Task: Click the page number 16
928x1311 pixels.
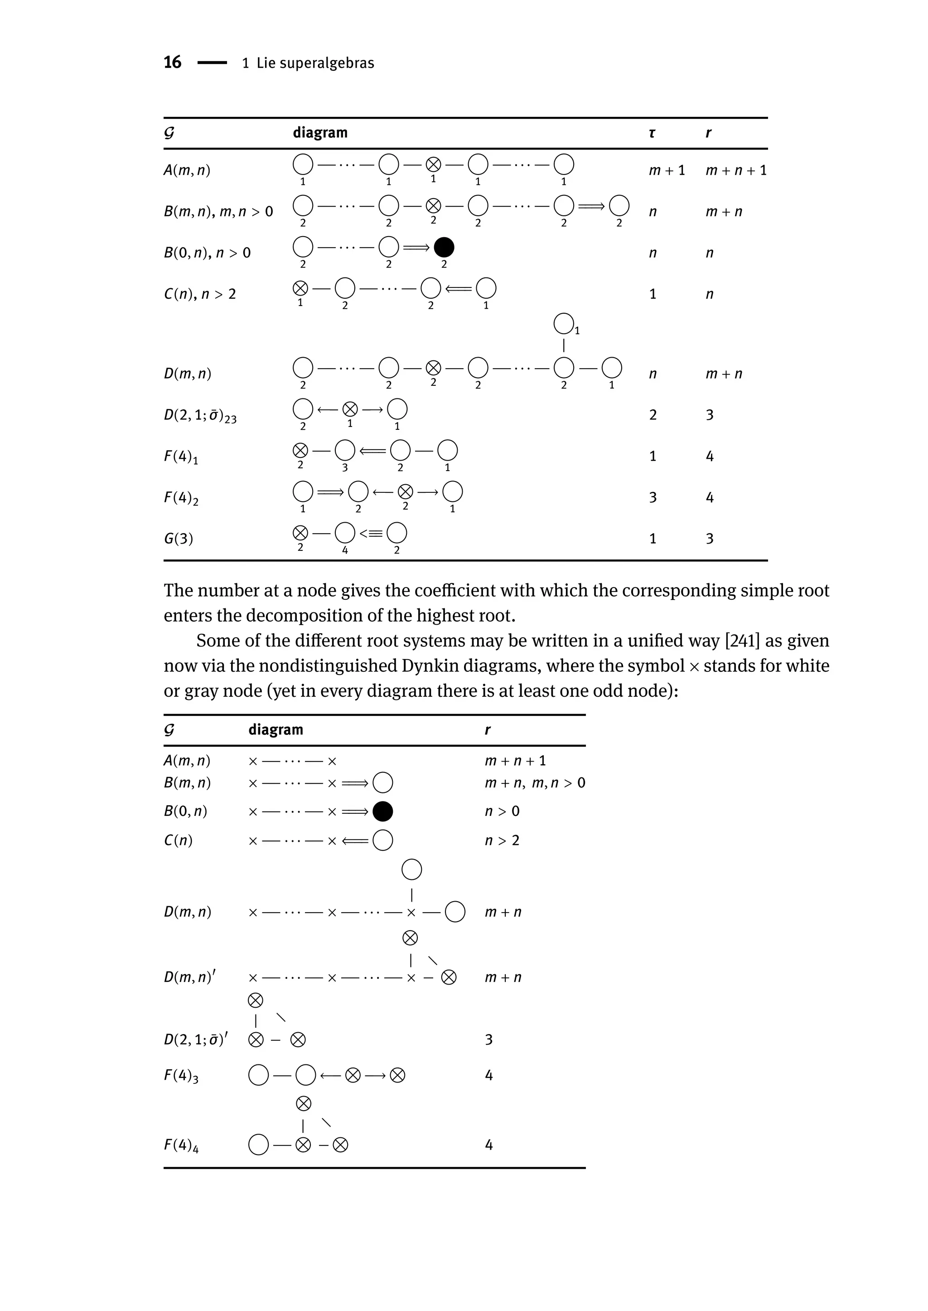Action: coord(172,62)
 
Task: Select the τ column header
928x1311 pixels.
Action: coord(652,133)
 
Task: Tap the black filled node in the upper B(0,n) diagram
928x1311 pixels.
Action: coord(444,248)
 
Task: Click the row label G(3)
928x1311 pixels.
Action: coord(178,539)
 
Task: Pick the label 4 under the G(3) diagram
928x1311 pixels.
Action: coord(344,550)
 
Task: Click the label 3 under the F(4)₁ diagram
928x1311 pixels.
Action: coord(344,468)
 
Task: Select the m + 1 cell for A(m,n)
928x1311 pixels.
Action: coord(666,170)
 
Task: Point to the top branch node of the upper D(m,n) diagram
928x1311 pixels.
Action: coord(563,324)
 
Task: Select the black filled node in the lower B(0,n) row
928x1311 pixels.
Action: coord(382,811)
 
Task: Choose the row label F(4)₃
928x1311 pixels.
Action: coord(181,1075)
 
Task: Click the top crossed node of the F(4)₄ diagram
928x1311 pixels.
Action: coord(304,1103)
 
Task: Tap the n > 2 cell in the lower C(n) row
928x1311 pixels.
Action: coord(502,840)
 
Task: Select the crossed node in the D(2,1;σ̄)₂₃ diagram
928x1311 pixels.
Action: coord(350,409)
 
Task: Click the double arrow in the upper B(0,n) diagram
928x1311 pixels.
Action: coord(416,248)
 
